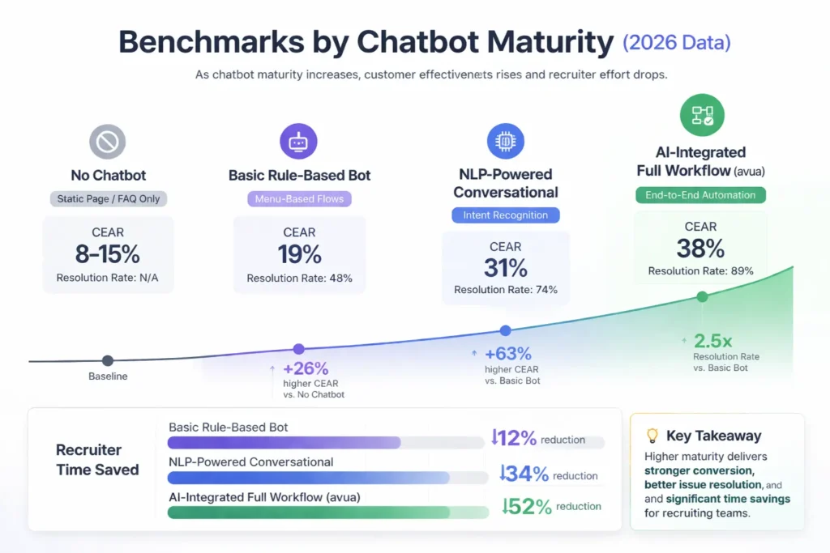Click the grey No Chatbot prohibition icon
[107, 143]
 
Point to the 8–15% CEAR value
[108, 254]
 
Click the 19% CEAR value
[299, 254]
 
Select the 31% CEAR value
[505, 268]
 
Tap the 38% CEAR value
[700, 249]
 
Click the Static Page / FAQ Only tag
[108, 198]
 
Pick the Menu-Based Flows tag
[299, 198]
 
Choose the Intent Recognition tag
[505, 215]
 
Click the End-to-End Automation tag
[700, 195]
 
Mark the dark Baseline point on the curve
[108, 361]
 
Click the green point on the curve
[702, 297]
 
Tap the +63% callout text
[507, 354]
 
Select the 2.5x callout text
[713, 341]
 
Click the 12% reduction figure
[515, 438]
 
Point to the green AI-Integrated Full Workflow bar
[309, 513]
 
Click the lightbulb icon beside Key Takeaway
[652, 436]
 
